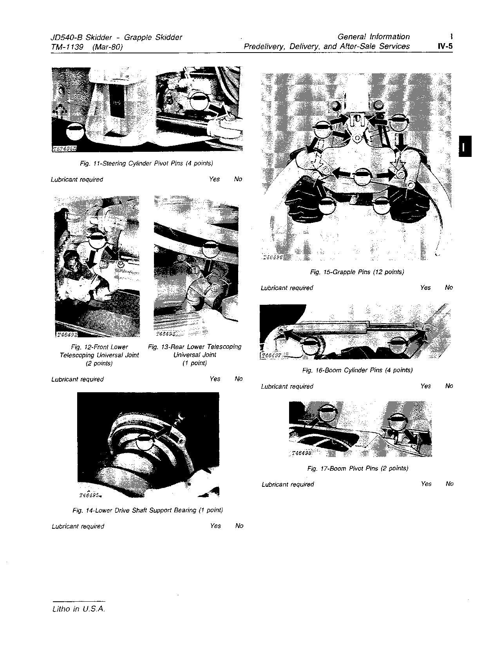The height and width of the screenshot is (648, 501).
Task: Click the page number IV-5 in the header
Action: click(445, 46)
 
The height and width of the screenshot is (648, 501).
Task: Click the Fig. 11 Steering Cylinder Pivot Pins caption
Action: click(147, 163)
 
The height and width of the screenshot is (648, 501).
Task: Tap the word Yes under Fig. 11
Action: click(214, 179)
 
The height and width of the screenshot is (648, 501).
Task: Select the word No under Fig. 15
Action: click(449, 288)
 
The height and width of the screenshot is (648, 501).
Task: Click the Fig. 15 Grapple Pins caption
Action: click(357, 272)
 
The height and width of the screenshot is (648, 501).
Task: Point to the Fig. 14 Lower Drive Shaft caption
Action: click(148, 510)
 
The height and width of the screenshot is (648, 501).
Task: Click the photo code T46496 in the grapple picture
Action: click(273, 257)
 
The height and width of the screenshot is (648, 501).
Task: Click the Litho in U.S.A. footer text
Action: click(78, 609)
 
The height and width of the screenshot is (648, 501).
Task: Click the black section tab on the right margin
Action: click(465, 146)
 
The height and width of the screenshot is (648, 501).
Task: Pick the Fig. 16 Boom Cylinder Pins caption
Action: click(357, 370)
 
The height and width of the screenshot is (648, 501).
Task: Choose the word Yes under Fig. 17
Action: click(426, 484)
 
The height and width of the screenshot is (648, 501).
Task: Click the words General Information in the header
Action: click(373, 37)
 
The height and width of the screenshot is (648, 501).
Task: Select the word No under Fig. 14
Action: click(239, 526)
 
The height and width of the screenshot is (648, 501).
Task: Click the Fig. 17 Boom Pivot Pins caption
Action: click(358, 468)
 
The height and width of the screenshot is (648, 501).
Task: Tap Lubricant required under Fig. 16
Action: click(287, 386)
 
